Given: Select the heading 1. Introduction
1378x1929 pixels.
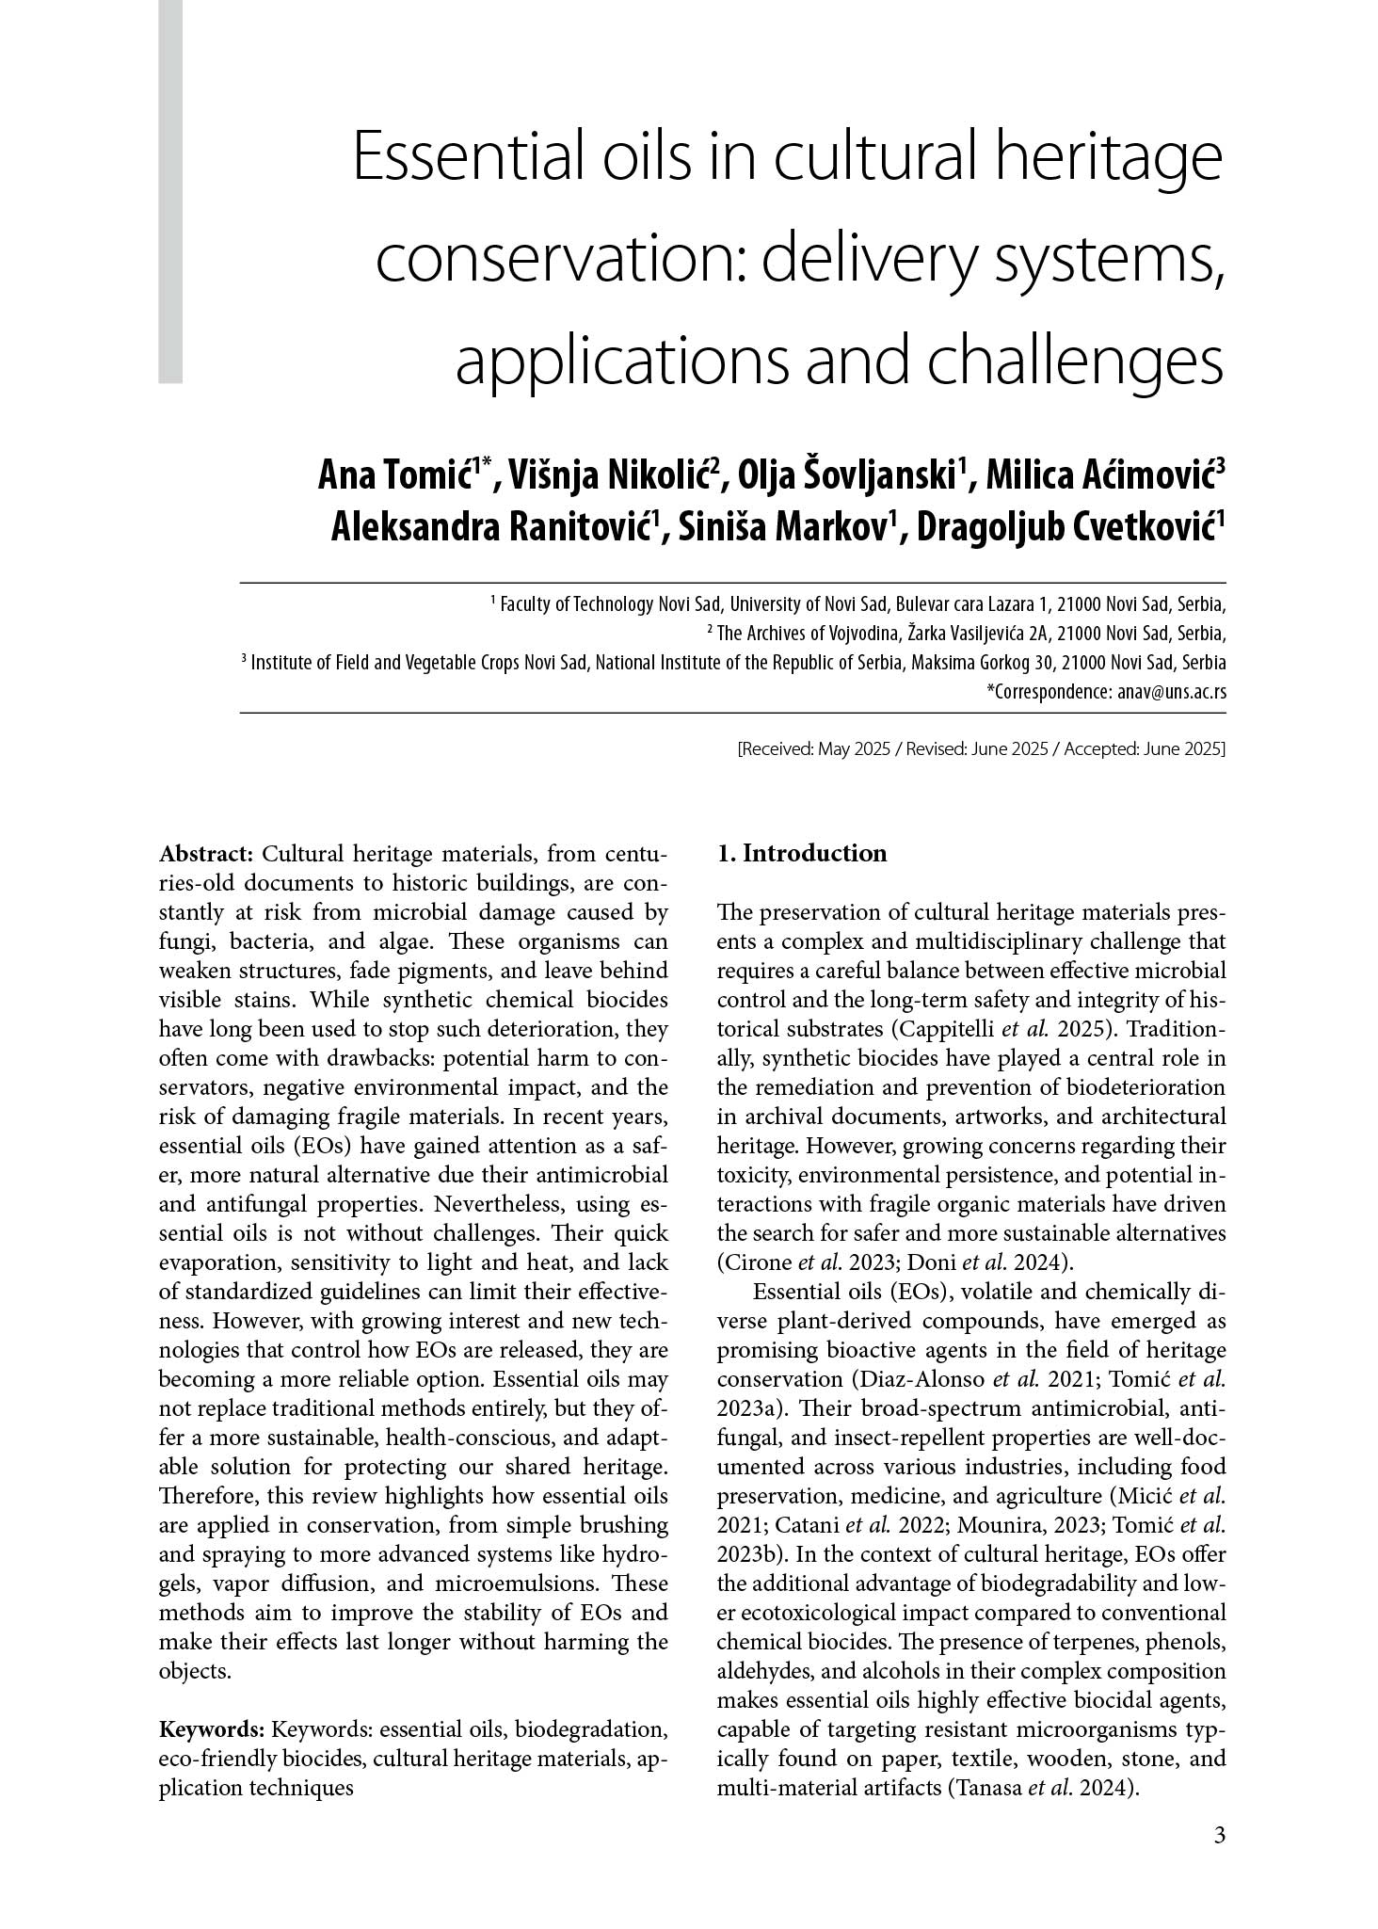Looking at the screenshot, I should pyautogui.click(x=801, y=853).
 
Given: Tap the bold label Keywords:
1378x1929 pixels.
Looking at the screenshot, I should pyautogui.click(x=212, y=1728).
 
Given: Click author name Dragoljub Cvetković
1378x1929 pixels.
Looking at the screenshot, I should pyautogui.click(x=1066, y=528).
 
